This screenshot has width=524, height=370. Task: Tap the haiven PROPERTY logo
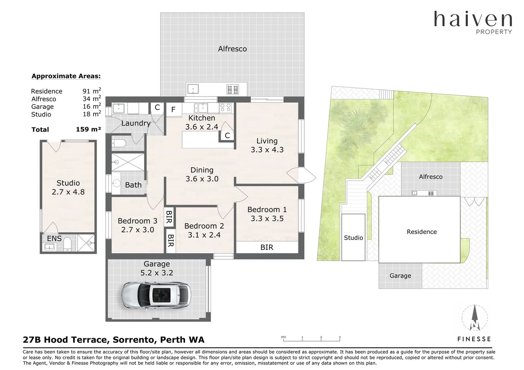(x=473, y=22)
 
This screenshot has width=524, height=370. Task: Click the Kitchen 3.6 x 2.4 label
(x=202, y=122)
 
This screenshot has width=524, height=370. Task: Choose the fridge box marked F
(x=173, y=110)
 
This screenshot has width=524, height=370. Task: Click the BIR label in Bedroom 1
(x=267, y=247)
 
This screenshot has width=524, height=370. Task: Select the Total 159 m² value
(x=88, y=129)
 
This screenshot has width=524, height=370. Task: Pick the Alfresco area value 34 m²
(x=92, y=99)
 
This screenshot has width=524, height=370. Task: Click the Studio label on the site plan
(x=353, y=238)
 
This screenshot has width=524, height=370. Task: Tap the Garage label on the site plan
(x=400, y=276)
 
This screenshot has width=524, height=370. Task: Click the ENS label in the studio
(x=54, y=238)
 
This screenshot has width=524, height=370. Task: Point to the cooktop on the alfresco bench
(x=232, y=89)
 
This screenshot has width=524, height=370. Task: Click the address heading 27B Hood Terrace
(x=114, y=340)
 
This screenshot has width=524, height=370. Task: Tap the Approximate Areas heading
(x=66, y=76)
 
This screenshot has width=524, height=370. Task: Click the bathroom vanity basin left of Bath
(x=117, y=184)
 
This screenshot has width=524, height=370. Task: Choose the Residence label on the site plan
(x=421, y=232)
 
